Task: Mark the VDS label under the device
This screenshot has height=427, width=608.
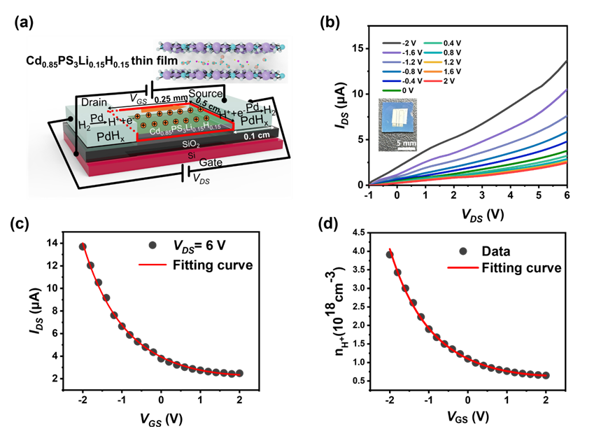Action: pos(200,178)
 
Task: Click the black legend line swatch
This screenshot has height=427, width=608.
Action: pos(391,43)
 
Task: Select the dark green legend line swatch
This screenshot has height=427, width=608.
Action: pos(391,90)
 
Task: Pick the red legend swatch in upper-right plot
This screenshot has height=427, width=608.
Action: pos(433,81)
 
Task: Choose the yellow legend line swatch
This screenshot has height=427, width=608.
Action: pos(433,62)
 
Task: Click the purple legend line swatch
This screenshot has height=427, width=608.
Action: pos(391,52)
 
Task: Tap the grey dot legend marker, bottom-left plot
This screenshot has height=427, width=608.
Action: pos(153,245)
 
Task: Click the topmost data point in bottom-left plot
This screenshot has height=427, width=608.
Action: pos(83,246)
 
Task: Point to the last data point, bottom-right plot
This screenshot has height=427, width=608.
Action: pos(546,374)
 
